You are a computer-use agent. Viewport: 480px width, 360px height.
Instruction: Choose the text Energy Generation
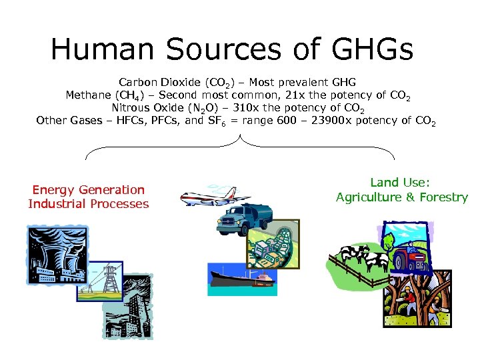(88, 190)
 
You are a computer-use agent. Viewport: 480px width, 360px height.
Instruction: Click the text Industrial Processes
(88, 204)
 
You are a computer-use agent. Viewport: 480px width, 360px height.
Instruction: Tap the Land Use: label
(401, 183)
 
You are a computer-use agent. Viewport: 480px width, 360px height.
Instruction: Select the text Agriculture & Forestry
(401, 197)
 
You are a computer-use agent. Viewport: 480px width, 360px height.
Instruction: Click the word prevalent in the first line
(297, 82)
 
